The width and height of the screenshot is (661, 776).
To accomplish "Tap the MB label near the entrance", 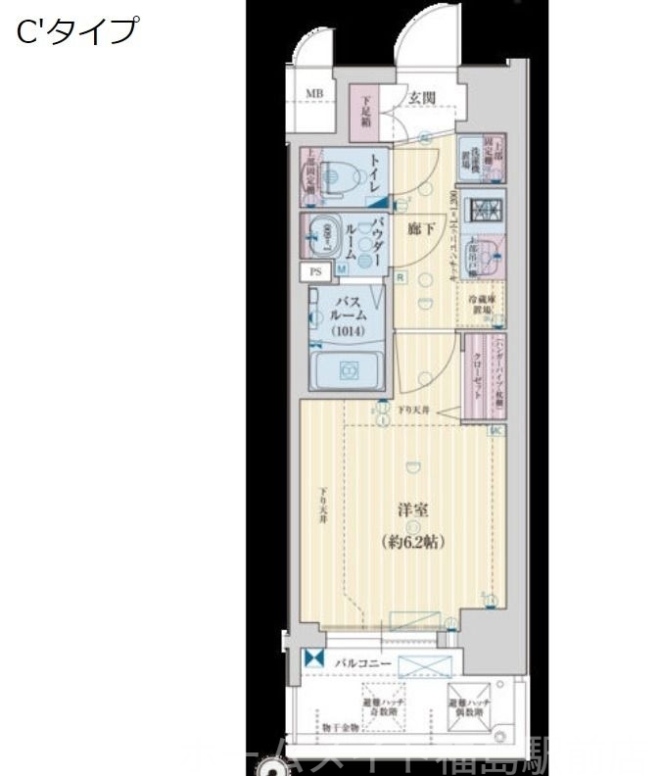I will point(314,94).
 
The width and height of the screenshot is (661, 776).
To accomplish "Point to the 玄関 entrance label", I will point(422,97).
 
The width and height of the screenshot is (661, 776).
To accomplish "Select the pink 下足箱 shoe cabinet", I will point(364,112).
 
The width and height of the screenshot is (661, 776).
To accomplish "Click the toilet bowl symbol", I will point(337,176).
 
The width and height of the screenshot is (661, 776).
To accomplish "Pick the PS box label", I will point(315,271).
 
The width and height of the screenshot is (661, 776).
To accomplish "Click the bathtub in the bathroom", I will point(347,370).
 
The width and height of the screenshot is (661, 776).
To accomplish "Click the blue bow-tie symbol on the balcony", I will point(312,661).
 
